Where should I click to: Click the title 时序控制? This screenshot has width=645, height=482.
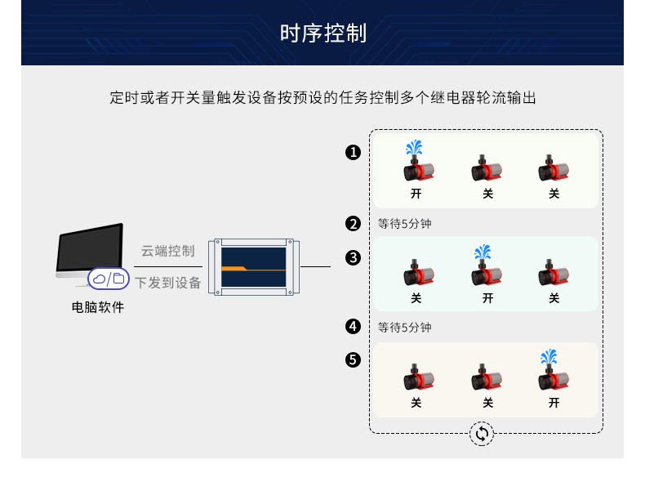tap(322, 33)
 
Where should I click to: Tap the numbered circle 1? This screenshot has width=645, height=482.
tap(353, 152)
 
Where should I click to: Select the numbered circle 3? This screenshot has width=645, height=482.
tap(353, 257)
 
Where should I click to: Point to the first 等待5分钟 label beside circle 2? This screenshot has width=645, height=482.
tap(404, 223)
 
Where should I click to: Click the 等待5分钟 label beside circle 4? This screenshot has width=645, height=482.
tap(404, 328)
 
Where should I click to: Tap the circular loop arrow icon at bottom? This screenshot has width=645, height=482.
tap(482, 434)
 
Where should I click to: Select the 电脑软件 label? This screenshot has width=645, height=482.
tap(98, 308)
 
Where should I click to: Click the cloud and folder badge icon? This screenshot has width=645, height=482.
tap(108, 279)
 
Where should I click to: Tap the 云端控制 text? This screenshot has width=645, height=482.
tap(167, 251)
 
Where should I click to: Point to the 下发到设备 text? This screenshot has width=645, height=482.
tap(167, 283)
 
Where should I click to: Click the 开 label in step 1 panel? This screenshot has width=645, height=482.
tap(416, 194)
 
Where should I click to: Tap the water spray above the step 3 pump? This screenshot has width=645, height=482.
tap(483, 252)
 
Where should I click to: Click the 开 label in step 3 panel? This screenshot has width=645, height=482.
tap(487, 299)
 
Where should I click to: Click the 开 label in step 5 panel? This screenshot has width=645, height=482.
tap(554, 403)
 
